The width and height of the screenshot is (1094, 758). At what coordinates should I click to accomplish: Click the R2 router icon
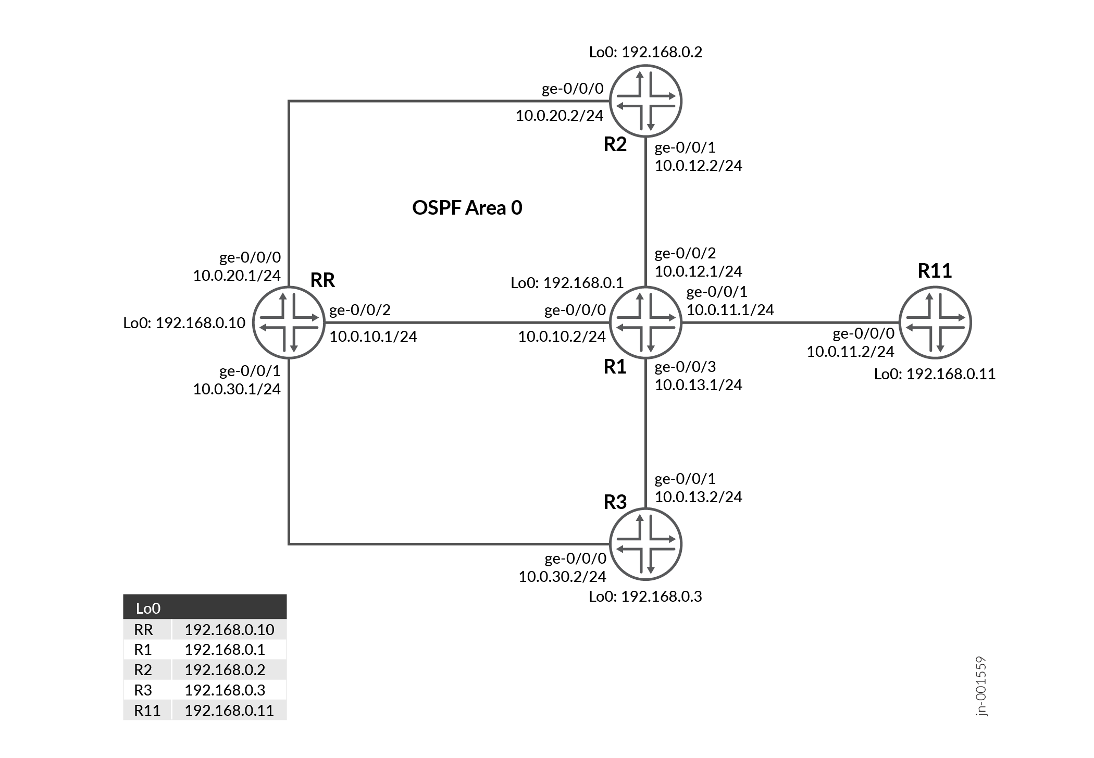645,101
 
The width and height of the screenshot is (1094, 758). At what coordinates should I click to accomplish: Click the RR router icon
289,322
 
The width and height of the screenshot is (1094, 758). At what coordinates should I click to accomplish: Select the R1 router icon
645,322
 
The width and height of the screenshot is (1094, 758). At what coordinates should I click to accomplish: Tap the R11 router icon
936,322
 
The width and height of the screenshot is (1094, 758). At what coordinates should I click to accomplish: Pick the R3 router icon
645,544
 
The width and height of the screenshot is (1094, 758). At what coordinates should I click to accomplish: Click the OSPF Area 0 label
467,208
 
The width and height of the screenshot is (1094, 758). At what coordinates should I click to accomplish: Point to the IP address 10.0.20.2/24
559,116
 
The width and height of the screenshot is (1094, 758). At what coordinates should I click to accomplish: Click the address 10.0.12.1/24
698,271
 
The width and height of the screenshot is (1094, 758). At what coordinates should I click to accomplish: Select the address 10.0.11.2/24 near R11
850,352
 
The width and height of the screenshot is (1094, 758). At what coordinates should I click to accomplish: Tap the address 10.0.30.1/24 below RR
237,389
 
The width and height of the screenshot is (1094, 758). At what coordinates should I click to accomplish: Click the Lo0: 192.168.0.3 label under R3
645,597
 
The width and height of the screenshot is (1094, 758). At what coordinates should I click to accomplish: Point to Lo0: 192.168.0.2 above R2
645,52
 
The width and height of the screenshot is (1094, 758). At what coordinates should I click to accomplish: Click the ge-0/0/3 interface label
685,367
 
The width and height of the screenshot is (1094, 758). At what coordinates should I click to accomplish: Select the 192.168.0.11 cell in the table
229,711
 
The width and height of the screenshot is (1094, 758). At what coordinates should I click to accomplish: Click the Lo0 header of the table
148,608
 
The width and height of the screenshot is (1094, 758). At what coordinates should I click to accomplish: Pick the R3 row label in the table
143,690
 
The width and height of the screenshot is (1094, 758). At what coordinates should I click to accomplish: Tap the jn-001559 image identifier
981,686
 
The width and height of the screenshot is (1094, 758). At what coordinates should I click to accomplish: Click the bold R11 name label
935,271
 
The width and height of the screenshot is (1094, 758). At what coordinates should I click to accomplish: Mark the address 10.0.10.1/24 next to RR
373,337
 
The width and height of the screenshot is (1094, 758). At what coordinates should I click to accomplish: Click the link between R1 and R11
789,322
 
